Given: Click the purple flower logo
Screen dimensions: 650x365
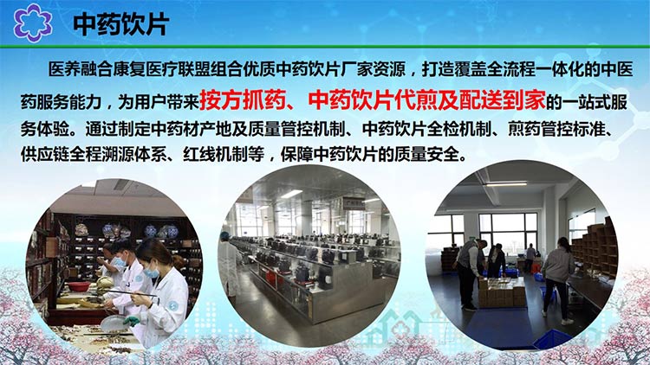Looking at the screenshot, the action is (x=32, y=22).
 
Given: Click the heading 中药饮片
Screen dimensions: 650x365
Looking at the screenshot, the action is (x=120, y=24).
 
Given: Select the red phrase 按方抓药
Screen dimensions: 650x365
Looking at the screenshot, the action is (x=243, y=100).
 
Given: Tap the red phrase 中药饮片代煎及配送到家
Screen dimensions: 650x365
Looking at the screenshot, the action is (x=427, y=100).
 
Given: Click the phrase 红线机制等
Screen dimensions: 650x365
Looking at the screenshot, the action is (x=224, y=154).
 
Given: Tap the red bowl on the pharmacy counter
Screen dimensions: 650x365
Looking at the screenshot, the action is (x=78, y=286).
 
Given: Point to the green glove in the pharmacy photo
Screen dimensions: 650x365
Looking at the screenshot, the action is (x=132, y=321).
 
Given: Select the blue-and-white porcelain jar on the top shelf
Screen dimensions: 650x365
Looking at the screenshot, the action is (x=168, y=231).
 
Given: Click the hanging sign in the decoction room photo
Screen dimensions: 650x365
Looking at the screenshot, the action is (x=354, y=203).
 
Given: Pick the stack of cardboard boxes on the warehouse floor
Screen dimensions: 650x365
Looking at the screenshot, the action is (x=503, y=291).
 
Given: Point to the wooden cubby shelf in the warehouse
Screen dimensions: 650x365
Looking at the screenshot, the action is (x=594, y=248).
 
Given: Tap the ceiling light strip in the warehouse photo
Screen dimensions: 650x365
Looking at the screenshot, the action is (x=507, y=183).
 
